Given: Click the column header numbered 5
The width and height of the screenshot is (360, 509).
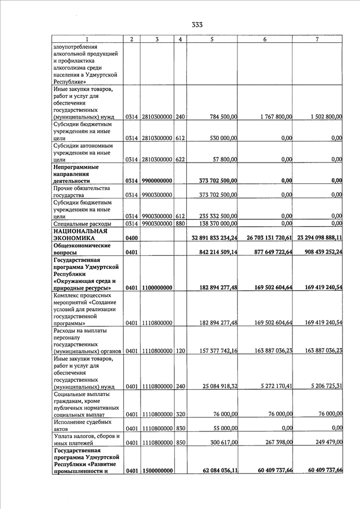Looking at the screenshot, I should point(211,39).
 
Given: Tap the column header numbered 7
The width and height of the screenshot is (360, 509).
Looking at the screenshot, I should point(318,39).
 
